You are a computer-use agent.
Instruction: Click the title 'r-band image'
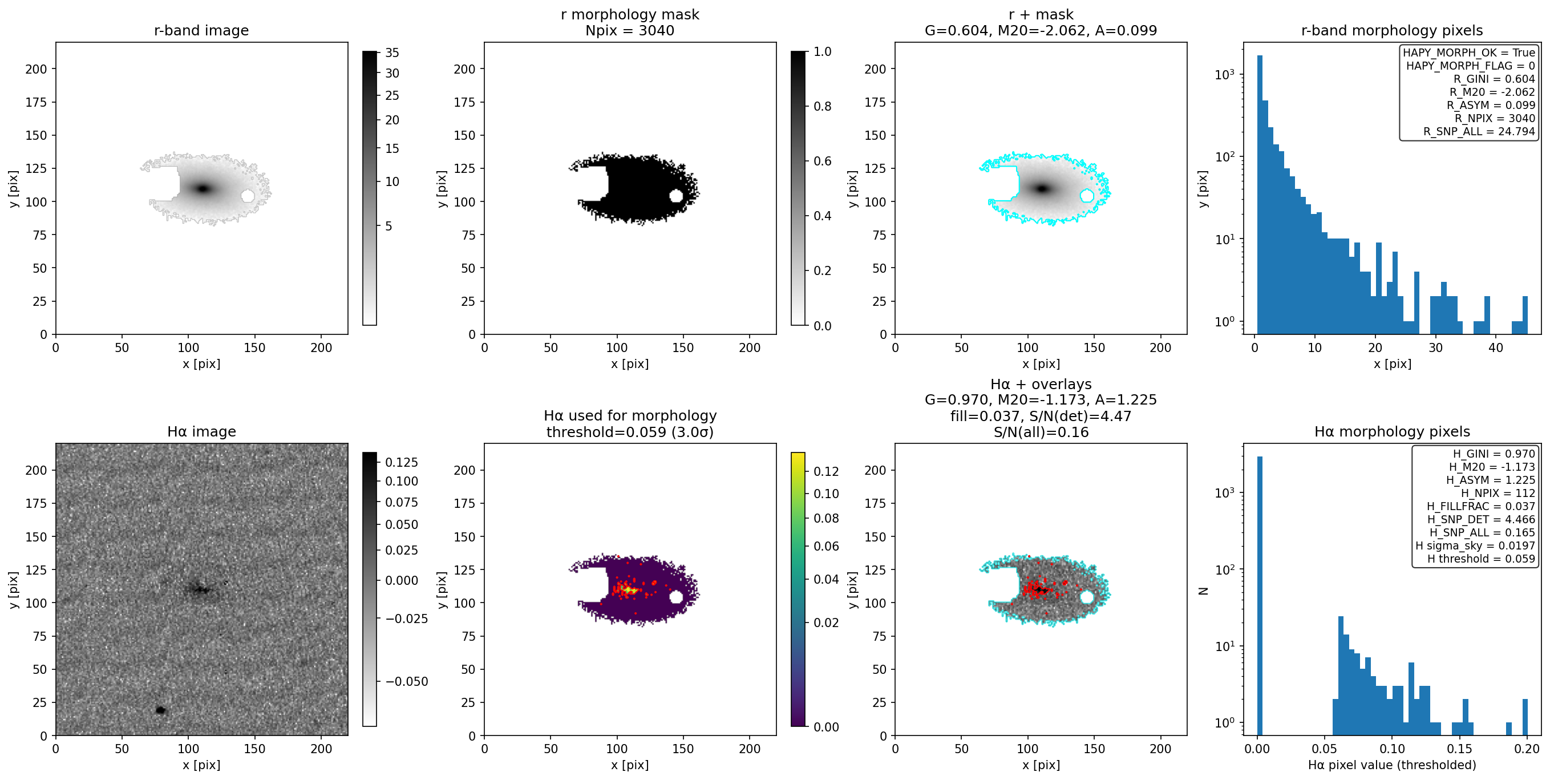point(201,30)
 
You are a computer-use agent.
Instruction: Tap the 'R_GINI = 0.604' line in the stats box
point(1494,79)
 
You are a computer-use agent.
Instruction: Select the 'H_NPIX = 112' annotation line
point(1498,493)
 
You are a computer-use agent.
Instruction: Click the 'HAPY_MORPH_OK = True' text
point(1469,52)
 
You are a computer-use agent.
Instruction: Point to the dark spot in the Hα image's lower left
point(161,710)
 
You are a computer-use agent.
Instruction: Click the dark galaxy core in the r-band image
point(204,188)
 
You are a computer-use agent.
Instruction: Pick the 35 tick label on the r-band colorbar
point(392,53)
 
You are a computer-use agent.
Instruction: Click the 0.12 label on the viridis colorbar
point(826,471)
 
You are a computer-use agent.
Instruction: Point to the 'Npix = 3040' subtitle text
point(629,31)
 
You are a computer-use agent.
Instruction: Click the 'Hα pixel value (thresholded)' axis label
point(1392,765)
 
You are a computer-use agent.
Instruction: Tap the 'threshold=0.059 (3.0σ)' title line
point(629,432)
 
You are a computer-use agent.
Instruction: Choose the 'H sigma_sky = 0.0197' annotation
point(1475,546)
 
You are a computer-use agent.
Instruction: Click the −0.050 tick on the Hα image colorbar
point(407,681)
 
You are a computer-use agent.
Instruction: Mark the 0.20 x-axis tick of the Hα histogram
point(1527,749)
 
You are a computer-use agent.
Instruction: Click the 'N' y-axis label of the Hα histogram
point(1203,591)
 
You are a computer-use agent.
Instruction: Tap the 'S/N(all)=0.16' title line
point(1041,432)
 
